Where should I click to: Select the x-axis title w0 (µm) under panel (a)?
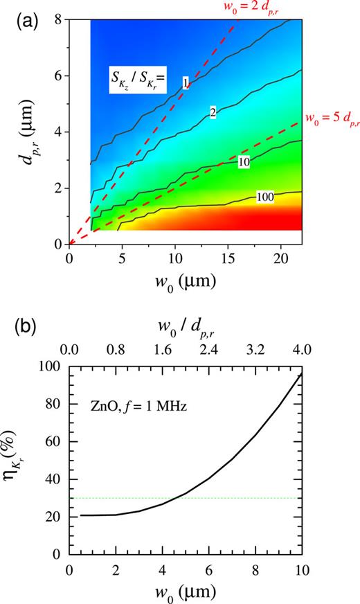pos(186,282)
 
